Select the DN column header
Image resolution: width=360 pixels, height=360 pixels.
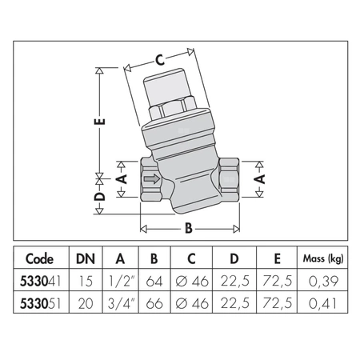[x=83, y=258]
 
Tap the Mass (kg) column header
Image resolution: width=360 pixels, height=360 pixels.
[x=322, y=258]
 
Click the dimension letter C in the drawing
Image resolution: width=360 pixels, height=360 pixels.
[x=159, y=58]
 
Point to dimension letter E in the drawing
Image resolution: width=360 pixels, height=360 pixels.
[x=98, y=123]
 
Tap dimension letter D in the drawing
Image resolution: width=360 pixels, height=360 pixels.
[x=98, y=196]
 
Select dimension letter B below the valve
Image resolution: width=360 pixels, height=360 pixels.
[x=189, y=228]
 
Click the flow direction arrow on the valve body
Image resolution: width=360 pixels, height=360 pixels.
[x=150, y=181]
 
